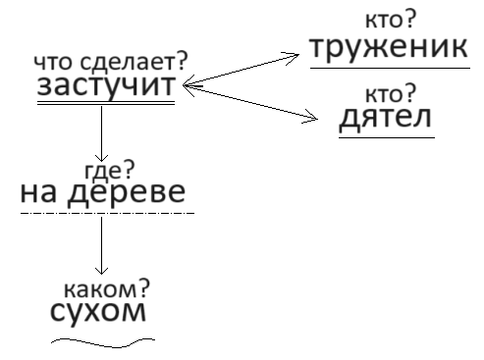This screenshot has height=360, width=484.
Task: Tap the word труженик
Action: tap(389, 49)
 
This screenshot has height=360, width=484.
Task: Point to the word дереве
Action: tap(124, 192)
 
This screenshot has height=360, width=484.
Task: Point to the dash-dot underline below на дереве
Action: tap(107, 213)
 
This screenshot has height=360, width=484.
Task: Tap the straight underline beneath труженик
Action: tap(389, 69)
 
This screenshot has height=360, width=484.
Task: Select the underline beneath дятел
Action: tap(386, 138)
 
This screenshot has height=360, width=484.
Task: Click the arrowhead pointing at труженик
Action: tap(293, 57)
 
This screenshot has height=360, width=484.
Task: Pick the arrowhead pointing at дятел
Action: tap(312, 120)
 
